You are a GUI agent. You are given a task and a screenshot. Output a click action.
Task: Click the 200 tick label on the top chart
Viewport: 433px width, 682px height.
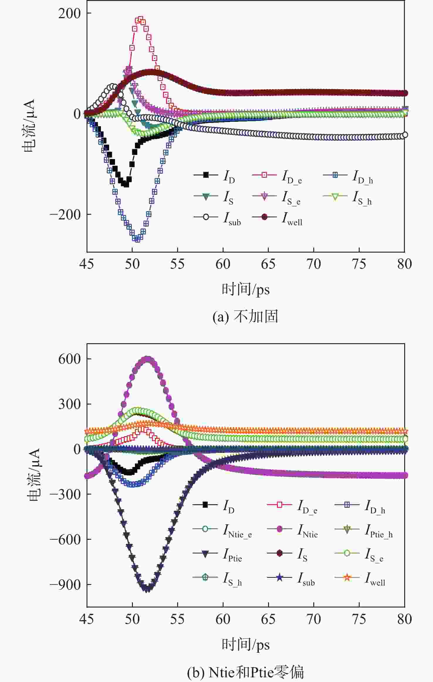point(69,13)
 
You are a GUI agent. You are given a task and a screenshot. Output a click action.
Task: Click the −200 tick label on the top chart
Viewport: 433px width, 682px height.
point(65,215)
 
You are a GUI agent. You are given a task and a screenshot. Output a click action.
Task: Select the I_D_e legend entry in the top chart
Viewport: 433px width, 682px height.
point(277,176)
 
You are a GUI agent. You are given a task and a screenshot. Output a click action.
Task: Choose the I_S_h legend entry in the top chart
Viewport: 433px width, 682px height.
point(348,197)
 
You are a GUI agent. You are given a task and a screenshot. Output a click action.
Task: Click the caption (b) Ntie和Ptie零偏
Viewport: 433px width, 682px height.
point(245,672)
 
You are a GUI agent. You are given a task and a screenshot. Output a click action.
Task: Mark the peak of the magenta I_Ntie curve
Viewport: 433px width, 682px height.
point(147,359)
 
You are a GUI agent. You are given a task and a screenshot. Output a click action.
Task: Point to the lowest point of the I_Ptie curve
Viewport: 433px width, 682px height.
point(148,588)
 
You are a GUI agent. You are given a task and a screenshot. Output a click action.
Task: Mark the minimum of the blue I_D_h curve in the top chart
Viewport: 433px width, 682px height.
point(137,239)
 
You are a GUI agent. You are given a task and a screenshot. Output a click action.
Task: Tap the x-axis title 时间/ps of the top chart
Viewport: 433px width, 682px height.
point(245,289)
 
